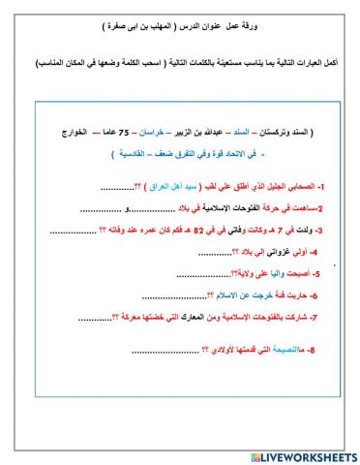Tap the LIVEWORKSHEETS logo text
304,455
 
